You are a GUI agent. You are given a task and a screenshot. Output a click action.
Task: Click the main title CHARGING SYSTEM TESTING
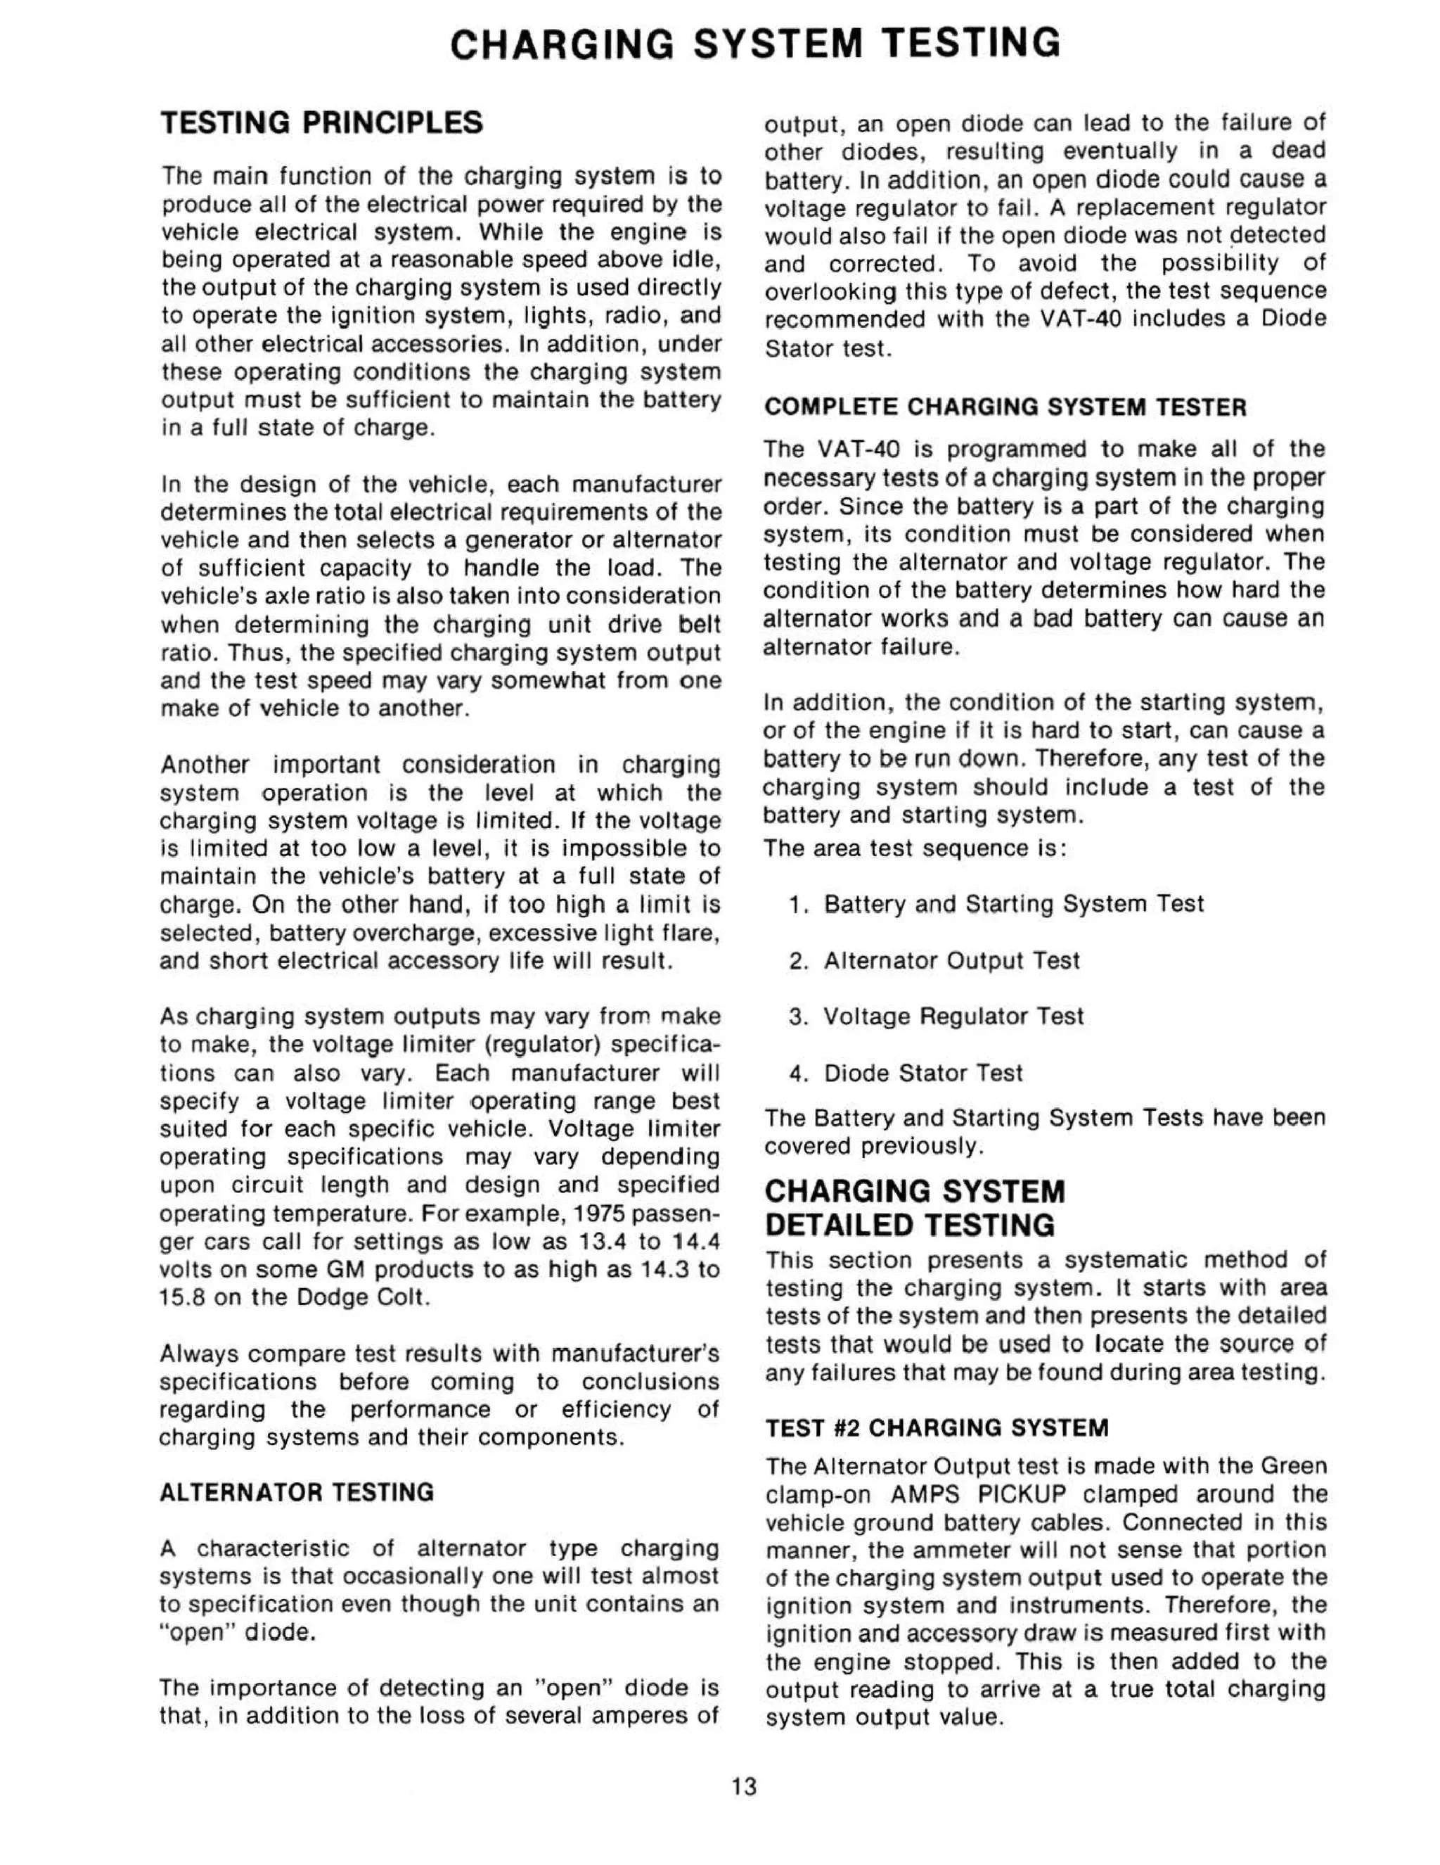[754, 44]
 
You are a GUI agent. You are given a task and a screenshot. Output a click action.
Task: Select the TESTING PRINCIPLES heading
[322, 123]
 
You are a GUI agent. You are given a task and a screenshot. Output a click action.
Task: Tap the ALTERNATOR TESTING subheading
[296, 1492]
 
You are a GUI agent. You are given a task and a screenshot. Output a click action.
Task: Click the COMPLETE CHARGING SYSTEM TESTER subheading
[1005, 407]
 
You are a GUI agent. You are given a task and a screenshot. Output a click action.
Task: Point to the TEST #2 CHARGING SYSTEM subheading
[937, 1428]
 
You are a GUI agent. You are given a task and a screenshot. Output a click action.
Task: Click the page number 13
[743, 1786]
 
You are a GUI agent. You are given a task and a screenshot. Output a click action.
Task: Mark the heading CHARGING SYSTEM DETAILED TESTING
[914, 1209]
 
